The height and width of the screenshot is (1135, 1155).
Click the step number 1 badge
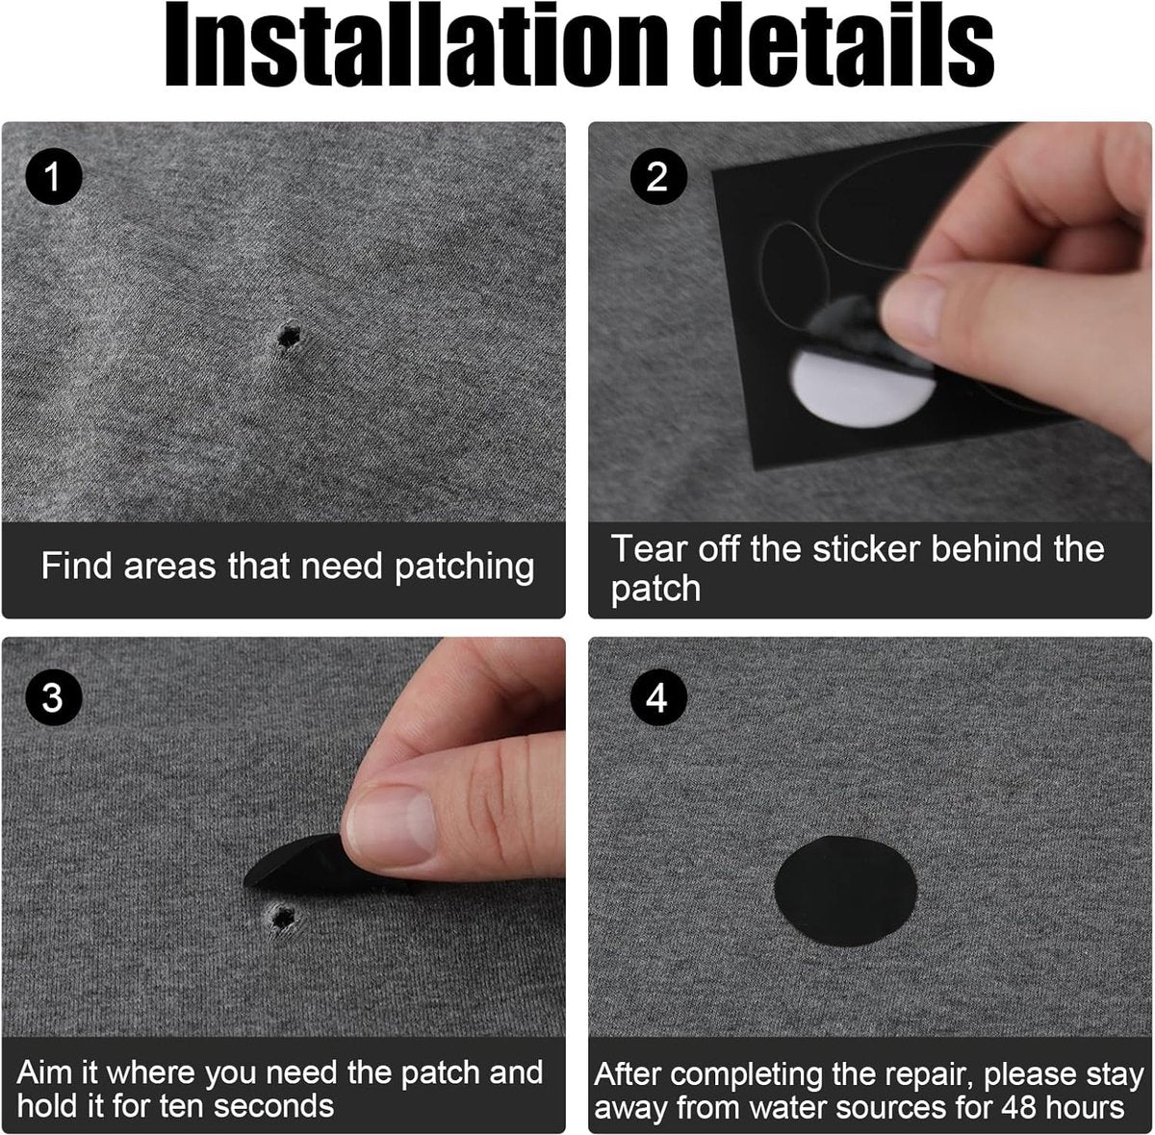[53, 176]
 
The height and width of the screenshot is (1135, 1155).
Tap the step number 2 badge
[658, 176]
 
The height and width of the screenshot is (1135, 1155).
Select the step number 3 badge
[53, 697]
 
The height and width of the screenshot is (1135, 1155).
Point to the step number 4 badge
[658, 697]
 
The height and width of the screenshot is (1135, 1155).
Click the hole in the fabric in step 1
[289, 337]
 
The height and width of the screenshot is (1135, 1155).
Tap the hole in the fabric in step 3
[281, 918]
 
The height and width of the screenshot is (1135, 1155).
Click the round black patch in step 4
[845, 891]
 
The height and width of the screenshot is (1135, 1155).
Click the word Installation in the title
[416, 46]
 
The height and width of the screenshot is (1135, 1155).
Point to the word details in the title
[843, 46]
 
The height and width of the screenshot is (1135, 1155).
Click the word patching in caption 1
[465, 567]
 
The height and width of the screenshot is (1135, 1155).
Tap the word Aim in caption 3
[47, 1072]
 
